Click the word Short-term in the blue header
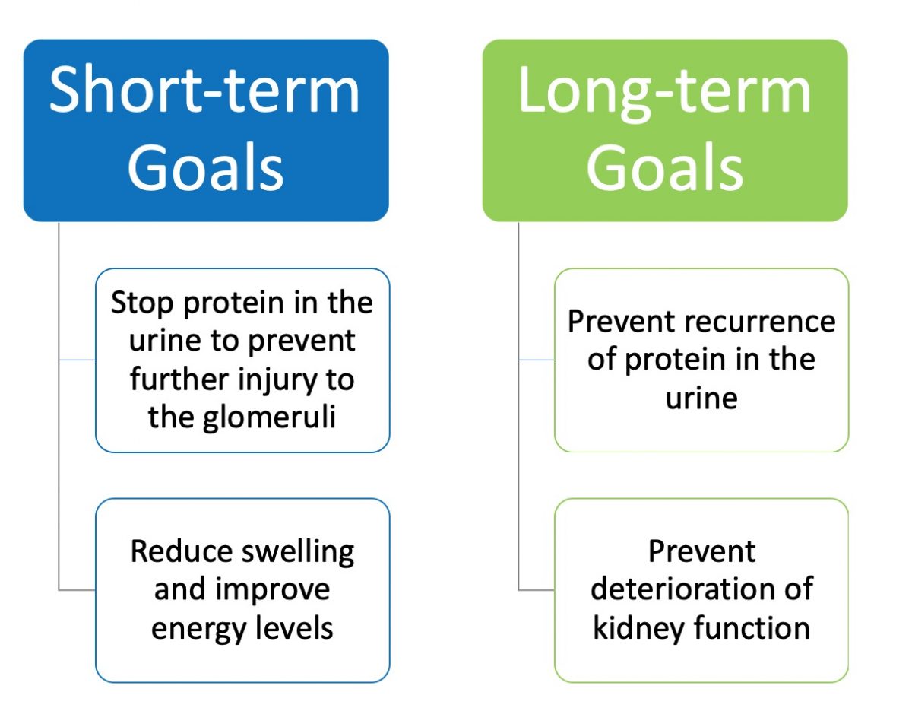tap(205, 90)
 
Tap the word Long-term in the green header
tap(664, 90)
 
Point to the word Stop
tap(141, 303)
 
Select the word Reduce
tap(181, 551)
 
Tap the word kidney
tap(635, 629)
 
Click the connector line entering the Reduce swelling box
tap(77, 589)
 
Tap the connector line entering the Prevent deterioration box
tap(536, 589)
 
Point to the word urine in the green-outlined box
tap(701, 398)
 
